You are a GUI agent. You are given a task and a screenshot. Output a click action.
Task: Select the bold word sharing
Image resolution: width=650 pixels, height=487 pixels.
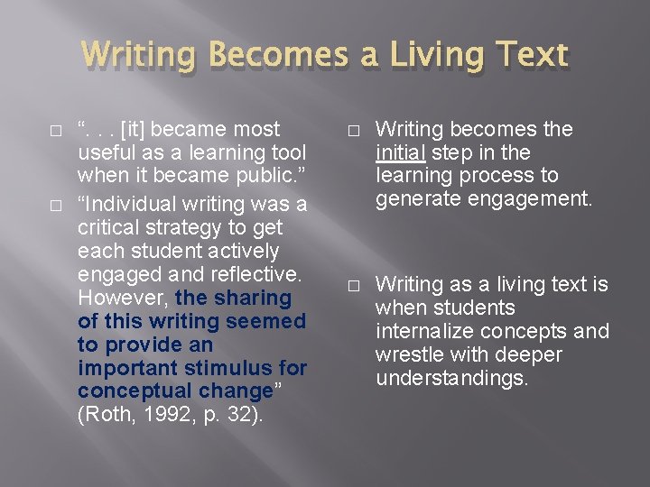coord(258,298)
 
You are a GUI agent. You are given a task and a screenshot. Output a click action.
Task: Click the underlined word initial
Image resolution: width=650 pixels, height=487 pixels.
coord(402,152)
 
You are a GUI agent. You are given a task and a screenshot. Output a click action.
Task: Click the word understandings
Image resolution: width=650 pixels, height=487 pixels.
coord(451,379)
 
